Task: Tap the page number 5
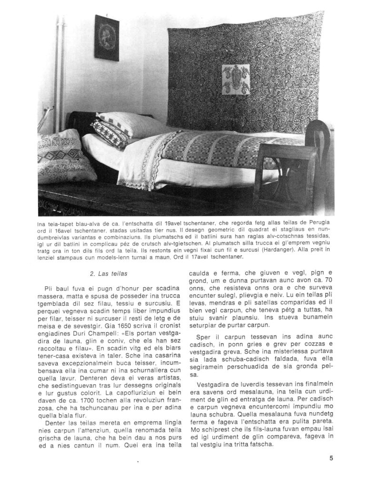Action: click(331, 459)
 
